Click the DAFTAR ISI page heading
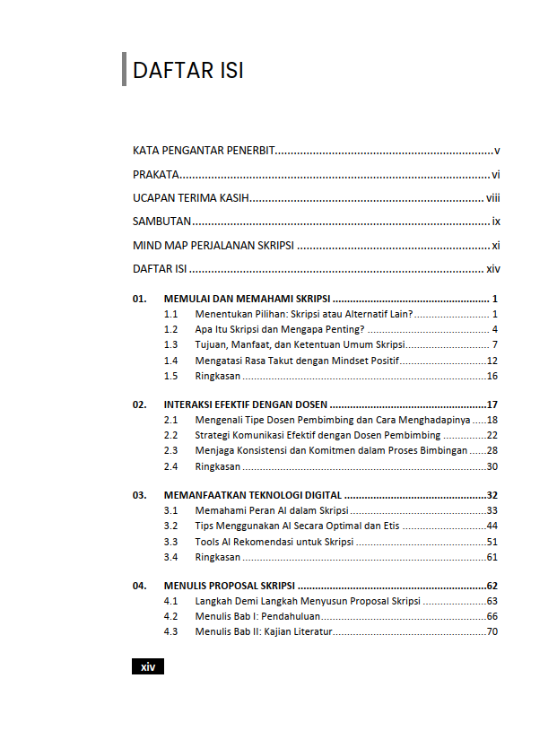[188, 71]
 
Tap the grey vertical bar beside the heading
[124, 70]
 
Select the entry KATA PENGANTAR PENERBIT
[203, 151]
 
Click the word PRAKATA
[155, 175]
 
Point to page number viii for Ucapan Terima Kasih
[492, 198]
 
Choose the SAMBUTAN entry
[162, 222]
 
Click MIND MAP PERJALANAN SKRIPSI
[213, 245]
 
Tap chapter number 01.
[139, 299]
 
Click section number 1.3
[170, 345]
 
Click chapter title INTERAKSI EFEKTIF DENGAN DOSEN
[245, 404]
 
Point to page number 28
[492, 450]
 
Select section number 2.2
[170, 435]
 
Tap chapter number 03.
[139, 495]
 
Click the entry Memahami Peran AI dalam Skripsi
[265, 510]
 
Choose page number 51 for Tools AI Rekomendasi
[492, 542]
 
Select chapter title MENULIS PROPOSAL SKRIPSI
[230, 586]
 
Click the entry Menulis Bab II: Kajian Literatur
[264, 631]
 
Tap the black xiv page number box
[148, 666]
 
